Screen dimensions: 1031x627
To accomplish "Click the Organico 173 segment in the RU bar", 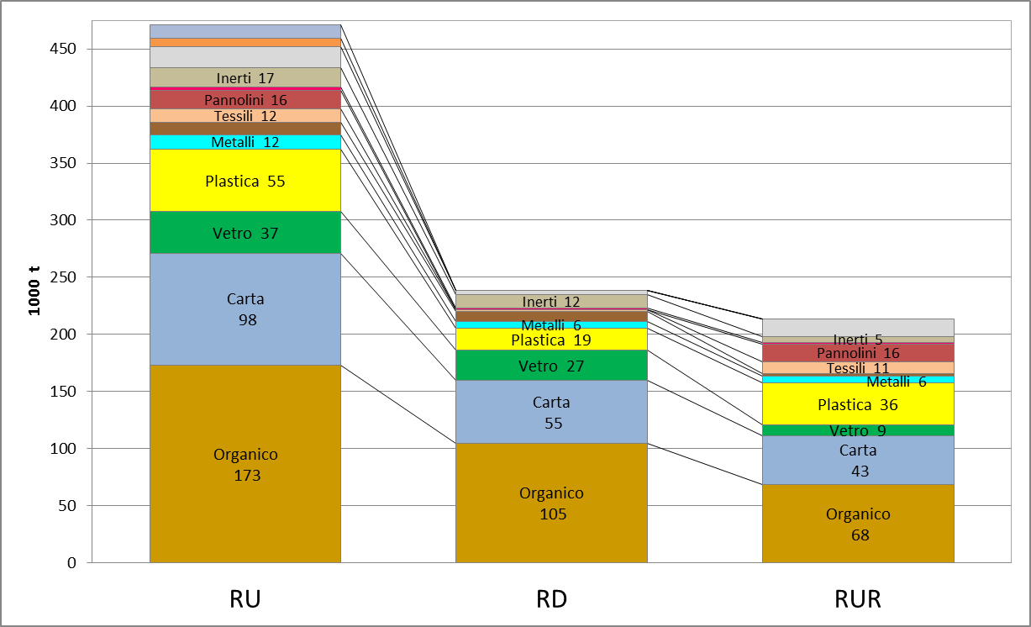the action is (x=245, y=464).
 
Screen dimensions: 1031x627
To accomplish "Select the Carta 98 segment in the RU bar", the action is (x=245, y=309).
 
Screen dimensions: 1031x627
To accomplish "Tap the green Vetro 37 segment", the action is (x=245, y=233).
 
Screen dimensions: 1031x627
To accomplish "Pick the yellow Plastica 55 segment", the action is (x=245, y=181).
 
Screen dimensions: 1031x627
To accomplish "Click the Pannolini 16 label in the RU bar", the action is (x=245, y=100).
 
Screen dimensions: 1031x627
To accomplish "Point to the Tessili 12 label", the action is (x=245, y=116).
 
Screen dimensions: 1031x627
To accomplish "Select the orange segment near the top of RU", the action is (x=245, y=42).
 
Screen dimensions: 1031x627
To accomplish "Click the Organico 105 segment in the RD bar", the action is (x=551, y=503).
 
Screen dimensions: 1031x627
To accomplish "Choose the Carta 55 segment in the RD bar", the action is (x=551, y=412).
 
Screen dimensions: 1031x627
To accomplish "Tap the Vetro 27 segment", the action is (x=551, y=365).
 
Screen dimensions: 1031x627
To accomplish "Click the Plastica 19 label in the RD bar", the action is (x=551, y=340).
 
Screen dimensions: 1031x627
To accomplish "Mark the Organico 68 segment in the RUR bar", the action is (x=858, y=524).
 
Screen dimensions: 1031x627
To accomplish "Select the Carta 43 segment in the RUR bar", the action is (x=858, y=460).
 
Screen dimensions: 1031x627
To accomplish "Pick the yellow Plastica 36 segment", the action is (x=858, y=403).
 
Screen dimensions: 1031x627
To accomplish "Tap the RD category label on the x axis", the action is (x=551, y=599).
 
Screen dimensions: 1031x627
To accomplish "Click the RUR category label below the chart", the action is (x=858, y=599).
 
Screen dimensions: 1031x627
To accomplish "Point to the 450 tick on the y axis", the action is (x=63, y=49).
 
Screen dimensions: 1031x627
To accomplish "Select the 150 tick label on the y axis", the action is (x=63, y=392).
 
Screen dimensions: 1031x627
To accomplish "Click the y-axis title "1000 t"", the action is (x=34, y=291).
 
